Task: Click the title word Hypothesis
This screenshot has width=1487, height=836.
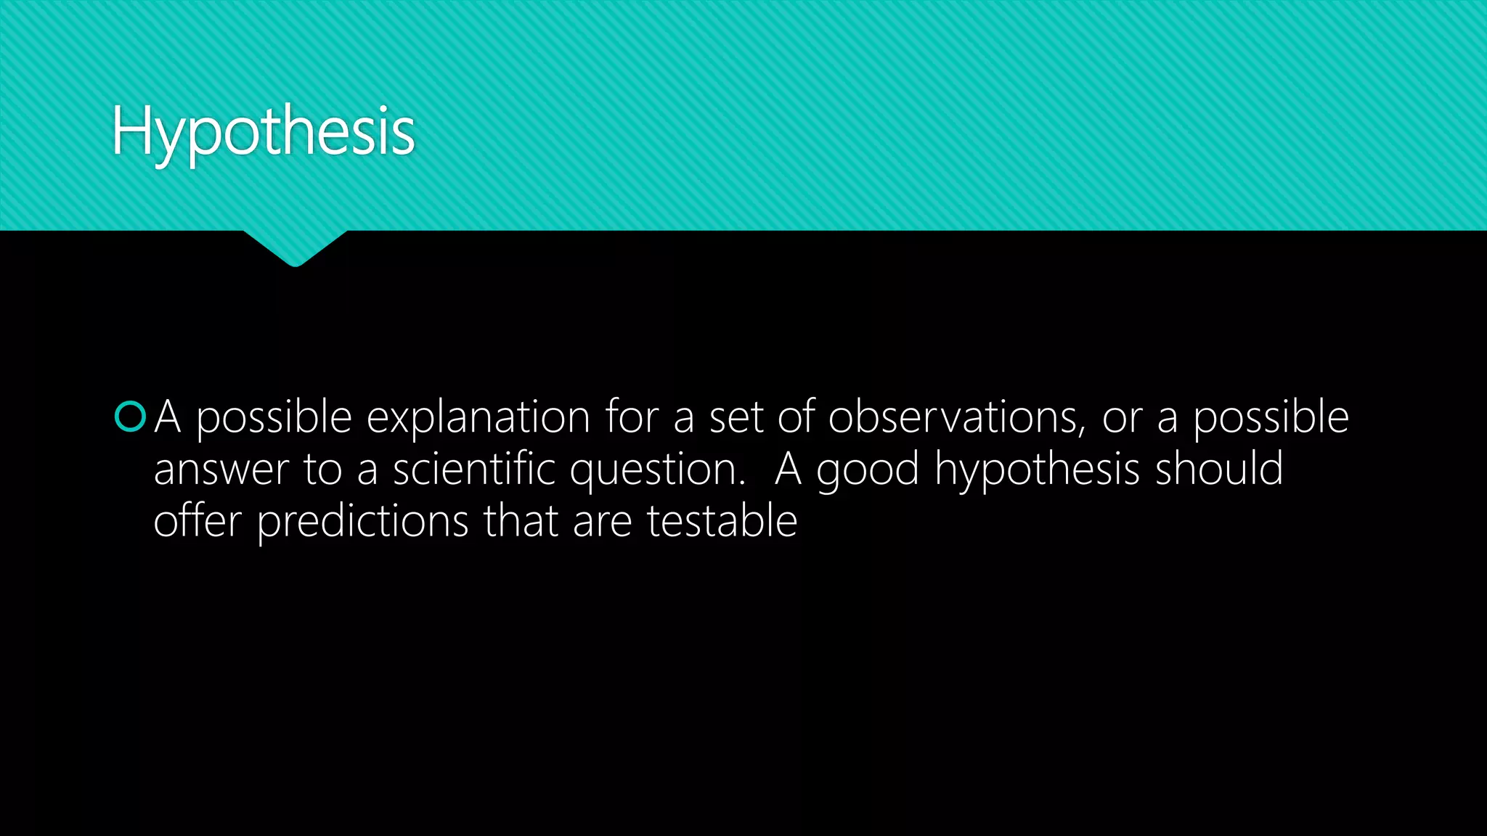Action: pos(263,131)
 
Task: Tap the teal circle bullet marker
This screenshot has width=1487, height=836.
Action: pos(131,417)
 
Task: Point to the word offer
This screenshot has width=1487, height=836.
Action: pos(197,521)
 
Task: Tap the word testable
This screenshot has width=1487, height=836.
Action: pos(722,521)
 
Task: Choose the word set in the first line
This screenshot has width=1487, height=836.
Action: pos(736,418)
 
